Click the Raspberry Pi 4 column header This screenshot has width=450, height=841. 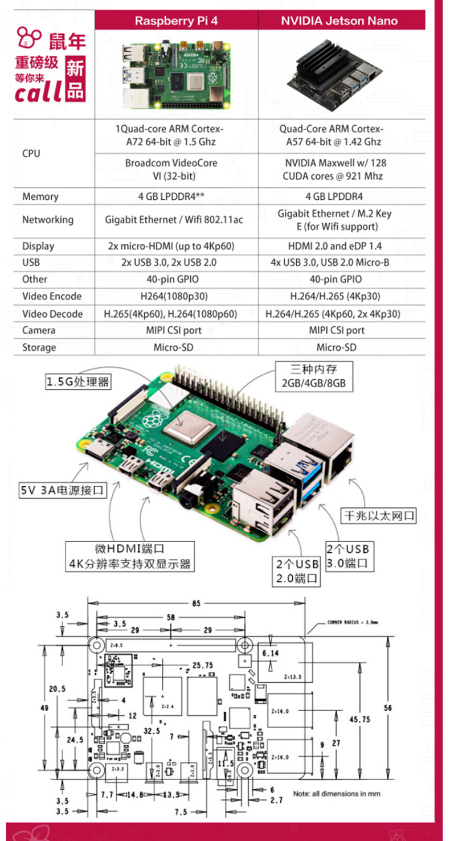176,21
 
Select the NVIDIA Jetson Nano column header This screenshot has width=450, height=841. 339,21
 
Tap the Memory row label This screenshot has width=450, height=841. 40,196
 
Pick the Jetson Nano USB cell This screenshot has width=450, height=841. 339,262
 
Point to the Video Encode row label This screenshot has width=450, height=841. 52,296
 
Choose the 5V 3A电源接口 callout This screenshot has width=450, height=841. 63,489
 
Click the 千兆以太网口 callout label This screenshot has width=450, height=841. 378,516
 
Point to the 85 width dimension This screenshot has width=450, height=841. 195,603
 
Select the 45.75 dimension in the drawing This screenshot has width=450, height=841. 359,719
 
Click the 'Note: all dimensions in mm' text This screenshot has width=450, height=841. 337,793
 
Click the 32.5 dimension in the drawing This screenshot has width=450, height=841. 151,731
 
